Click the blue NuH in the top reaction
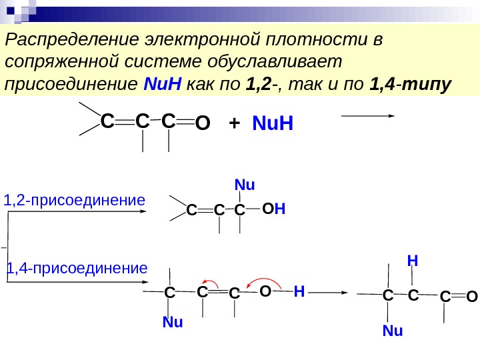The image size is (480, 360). point(273,124)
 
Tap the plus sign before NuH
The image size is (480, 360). point(234,124)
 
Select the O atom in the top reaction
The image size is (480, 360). point(203,124)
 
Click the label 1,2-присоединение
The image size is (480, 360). point(75,199)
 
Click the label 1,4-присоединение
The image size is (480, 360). point(77,269)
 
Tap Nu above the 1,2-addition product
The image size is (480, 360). point(245,185)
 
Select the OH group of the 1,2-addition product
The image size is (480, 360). point(273,209)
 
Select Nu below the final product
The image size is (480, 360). point(393,330)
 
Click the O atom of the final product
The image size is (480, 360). point(472,296)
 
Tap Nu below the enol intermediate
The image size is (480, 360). point(173,323)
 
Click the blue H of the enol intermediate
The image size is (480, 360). point(299,291)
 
